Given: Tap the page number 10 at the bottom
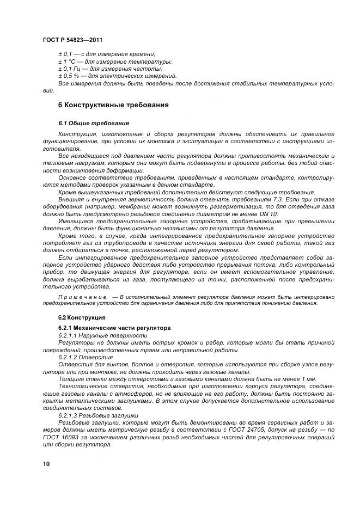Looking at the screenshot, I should tap(46, 464).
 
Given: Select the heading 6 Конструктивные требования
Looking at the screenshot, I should tap(113, 105).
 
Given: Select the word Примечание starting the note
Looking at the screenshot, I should tap(82, 297).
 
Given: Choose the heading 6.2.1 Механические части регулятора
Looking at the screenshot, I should tap(114, 328).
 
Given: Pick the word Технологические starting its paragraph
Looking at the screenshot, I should tap(85, 386).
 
